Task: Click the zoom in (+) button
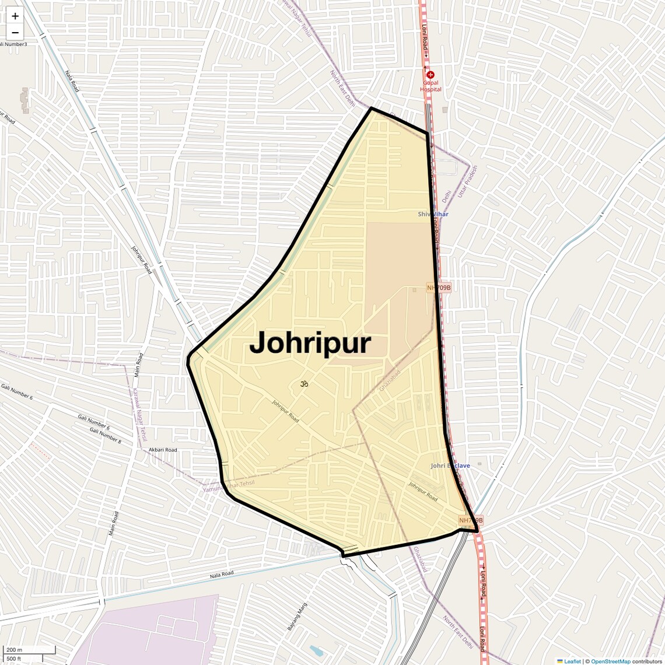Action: click(x=15, y=16)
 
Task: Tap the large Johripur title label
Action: click(x=310, y=343)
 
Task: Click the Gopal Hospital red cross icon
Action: click(x=430, y=75)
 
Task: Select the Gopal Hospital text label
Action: click(x=431, y=86)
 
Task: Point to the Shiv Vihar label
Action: click(x=433, y=214)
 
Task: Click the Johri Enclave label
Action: click(x=450, y=466)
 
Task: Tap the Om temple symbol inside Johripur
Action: click(x=303, y=384)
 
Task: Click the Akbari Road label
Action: click(x=163, y=450)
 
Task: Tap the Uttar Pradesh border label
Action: click(x=467, y=181)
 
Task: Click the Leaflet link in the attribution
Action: click(x=572, y=661)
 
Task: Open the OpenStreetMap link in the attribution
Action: click(x=610, y=661)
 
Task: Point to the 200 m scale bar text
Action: click(x=14, y=650)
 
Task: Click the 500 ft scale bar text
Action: click(x=14, y=659)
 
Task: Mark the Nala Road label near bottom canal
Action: click(x=222, y=574)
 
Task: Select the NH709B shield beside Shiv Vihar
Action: click(x=439, y=288)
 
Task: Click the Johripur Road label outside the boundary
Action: click(x=142, y=260)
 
